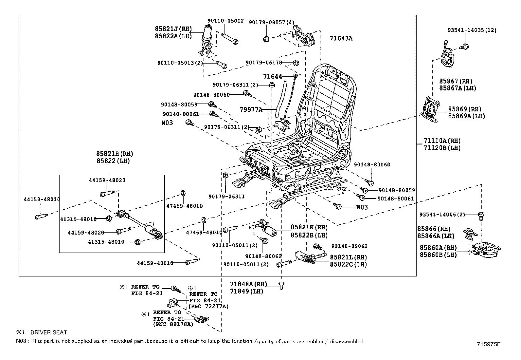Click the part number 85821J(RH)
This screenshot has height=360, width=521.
[173, 29]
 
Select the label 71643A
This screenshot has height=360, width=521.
[341, 38]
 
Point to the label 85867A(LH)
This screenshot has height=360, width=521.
[458, 88]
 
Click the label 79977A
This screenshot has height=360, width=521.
[251, 109]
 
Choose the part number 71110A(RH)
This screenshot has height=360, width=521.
[442, 141]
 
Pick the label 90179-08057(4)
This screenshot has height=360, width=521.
[272, 22]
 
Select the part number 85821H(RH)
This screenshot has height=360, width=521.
[115, 153]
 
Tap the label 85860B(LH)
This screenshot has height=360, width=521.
[438, 255]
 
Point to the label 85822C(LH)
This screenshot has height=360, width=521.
[348, 264]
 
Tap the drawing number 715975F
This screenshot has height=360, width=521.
[489, 344]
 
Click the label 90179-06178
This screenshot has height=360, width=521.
[263, 62]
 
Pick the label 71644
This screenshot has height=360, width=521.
[273, 77]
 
